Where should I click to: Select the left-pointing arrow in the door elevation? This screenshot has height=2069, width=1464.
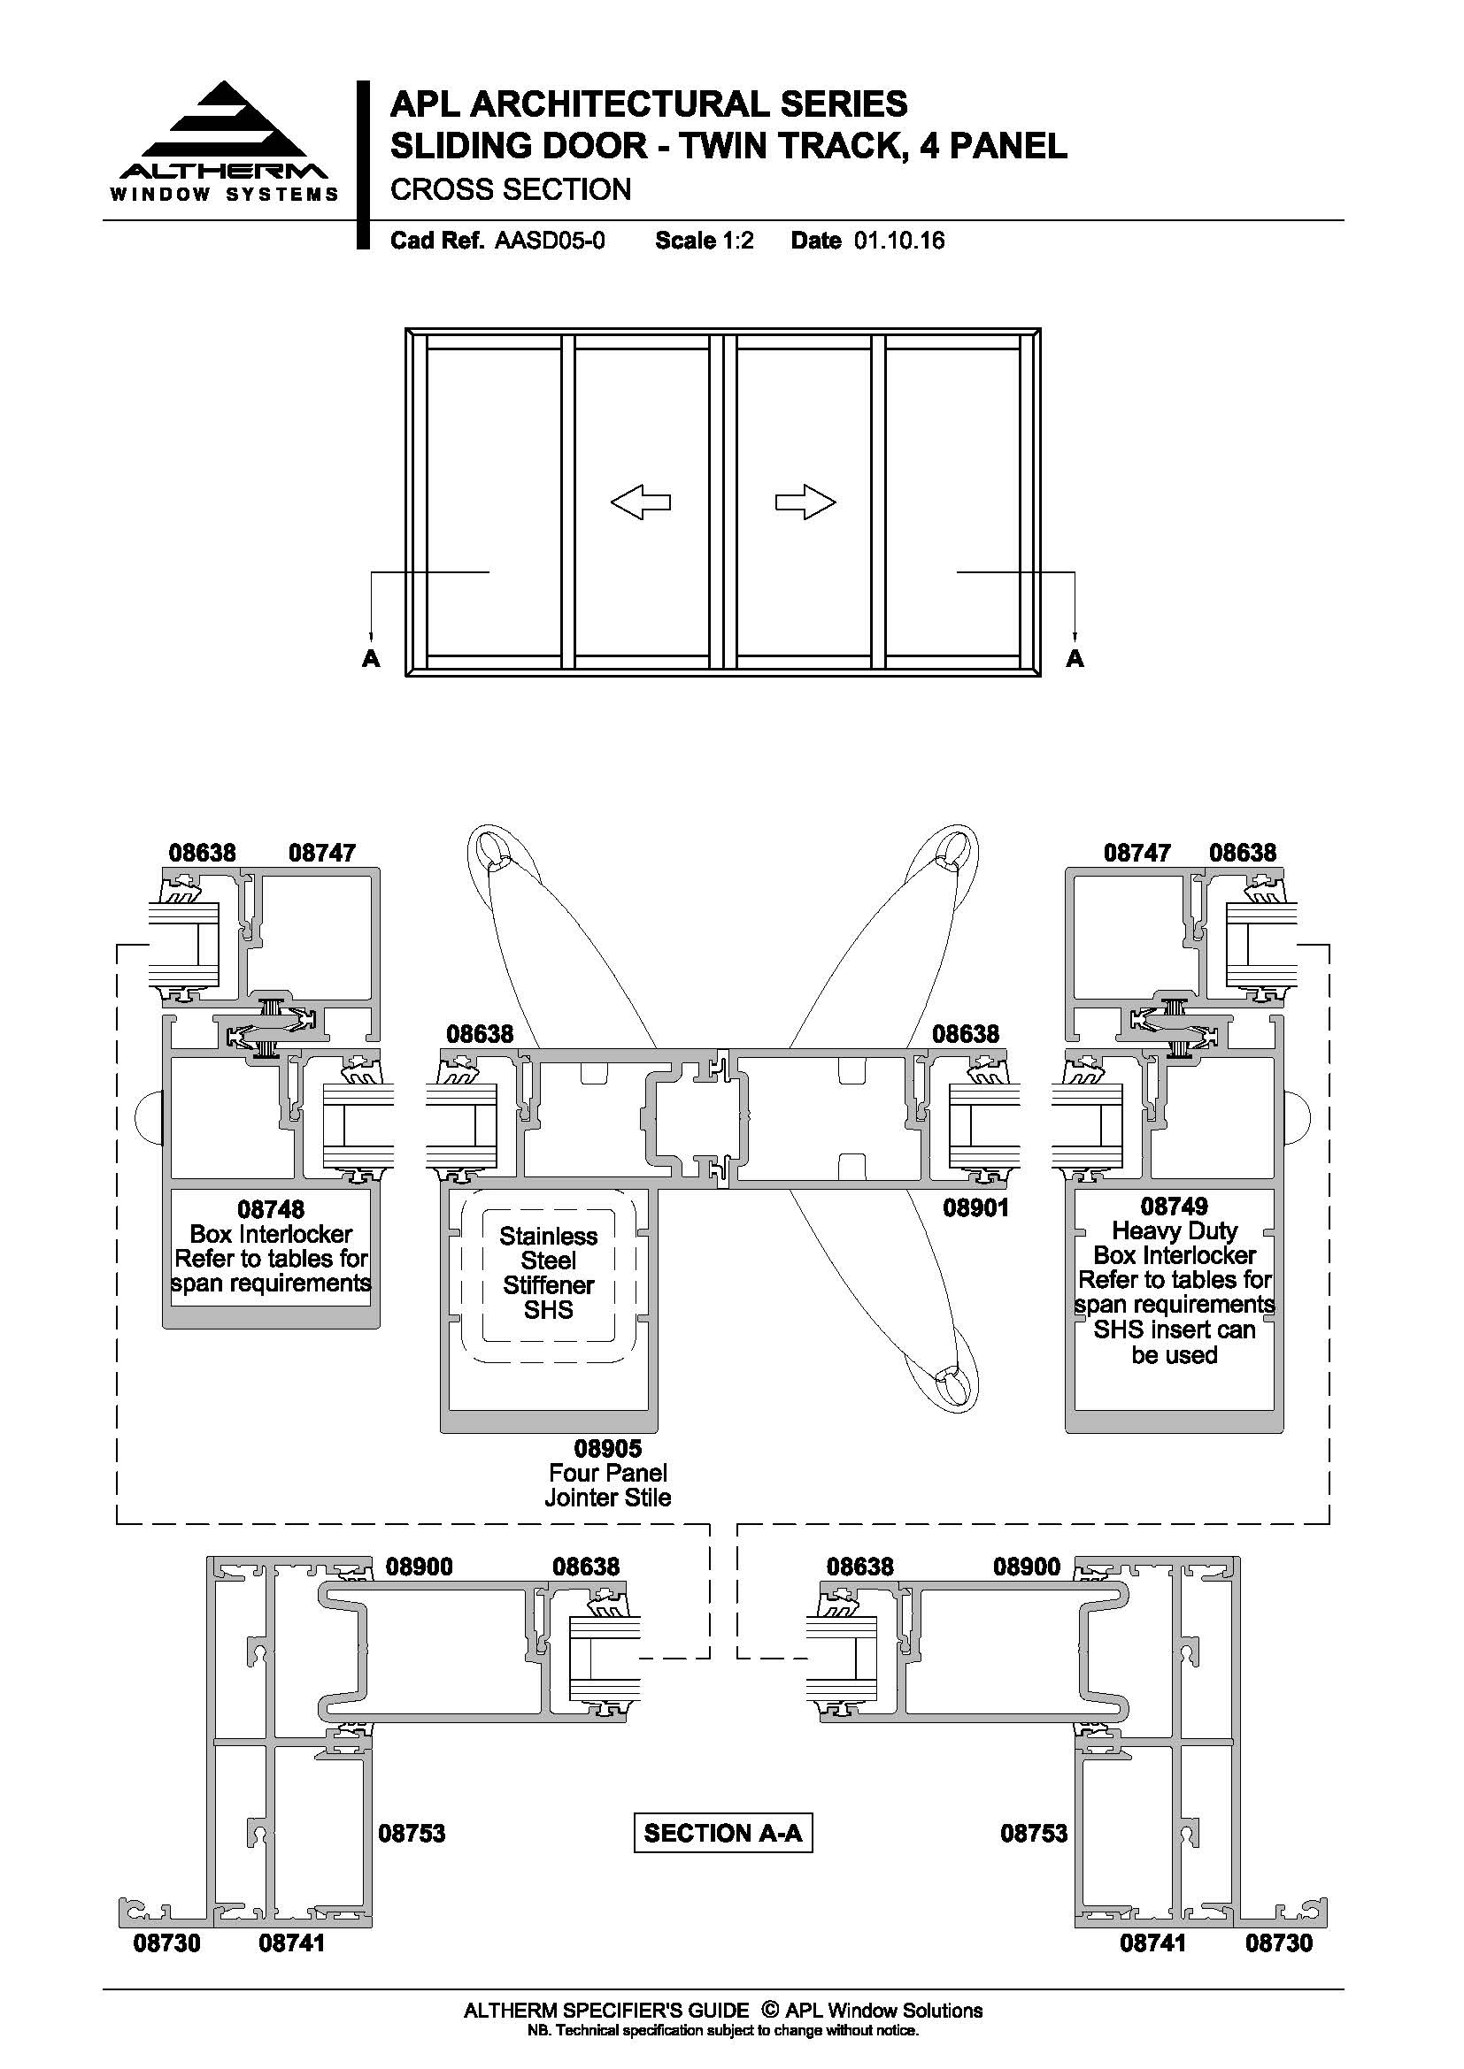pyautogui.click(x=641, y=502)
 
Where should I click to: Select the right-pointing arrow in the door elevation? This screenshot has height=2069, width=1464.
pyautogui.click(x=806, y=502)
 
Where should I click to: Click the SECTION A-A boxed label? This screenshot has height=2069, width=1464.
pyautogui.click(x=723, y=1833)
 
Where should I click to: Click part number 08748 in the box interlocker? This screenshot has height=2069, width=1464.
pyautogui.click(x=271, y=1208)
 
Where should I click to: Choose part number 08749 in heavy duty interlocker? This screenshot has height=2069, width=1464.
pyautogui.click(x=1174, y=1205)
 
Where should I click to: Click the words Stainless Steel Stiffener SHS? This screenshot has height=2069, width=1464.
pyautogui.click(x=548, y=1272)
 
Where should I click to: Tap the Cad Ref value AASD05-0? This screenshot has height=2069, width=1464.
pyautogui.click(x=550, y=241)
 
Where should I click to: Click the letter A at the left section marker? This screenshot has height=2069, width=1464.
pyautogui.click(x=371, y=659)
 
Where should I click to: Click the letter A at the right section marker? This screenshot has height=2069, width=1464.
pyautogui.click(x=1075, y=659)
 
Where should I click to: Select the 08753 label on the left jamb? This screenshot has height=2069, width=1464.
pyautogui.click(x=411, y=1832)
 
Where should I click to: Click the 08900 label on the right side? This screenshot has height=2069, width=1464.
pyautogui.click(x=1027, y=1566)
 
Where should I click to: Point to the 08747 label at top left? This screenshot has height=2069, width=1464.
pyautogui.click(x=322, y=852)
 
